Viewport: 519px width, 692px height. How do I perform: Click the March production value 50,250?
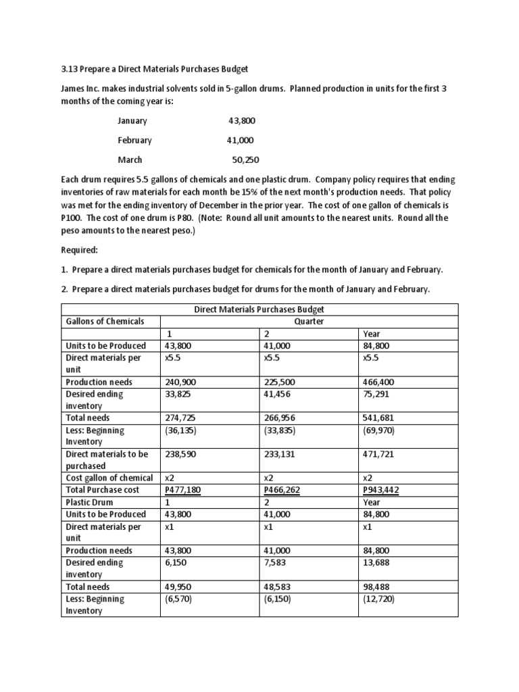coord(245,160)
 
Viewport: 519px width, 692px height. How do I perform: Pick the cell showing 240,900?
coord(180,382)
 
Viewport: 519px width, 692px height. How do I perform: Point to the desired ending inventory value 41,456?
coord(280,394)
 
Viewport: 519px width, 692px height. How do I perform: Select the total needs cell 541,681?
coord(378,418)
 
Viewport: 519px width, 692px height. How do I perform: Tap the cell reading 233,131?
coord(280,455)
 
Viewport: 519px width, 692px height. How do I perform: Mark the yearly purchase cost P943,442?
coord(381,490)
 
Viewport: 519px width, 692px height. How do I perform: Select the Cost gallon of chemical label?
coord(109,478)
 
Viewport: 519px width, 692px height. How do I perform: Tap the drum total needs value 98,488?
coord(376,587)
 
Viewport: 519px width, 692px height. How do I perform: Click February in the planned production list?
coord(134,141)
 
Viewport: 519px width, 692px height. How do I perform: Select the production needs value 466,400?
coord(378,382)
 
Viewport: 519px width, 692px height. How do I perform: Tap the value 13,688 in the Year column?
coord(376,562)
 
